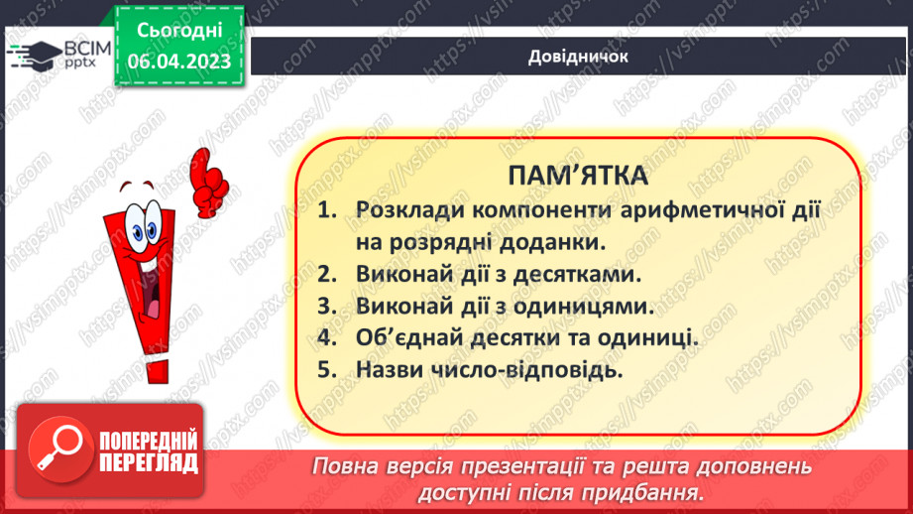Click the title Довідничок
coord(578,57)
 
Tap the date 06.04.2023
coord(178,61)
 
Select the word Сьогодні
coord(178,30)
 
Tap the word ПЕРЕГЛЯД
coord(150,463)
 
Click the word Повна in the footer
coord(345,466)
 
